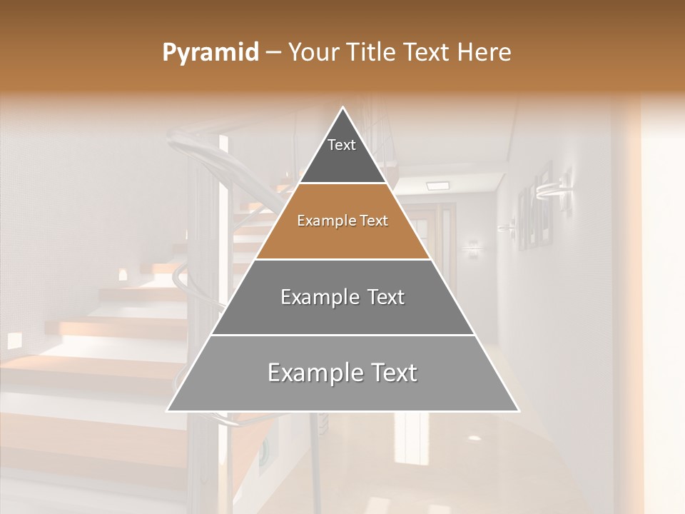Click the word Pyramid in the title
tap(210, 53)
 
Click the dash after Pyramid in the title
tap(273, 53)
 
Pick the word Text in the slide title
tap(428, 53)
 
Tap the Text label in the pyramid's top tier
tap(342, 145)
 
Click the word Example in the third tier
tap(318, 297)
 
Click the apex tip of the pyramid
tap(342, 108)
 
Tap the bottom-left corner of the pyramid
tap(168, 410)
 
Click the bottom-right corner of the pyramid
tap(518, 410)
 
